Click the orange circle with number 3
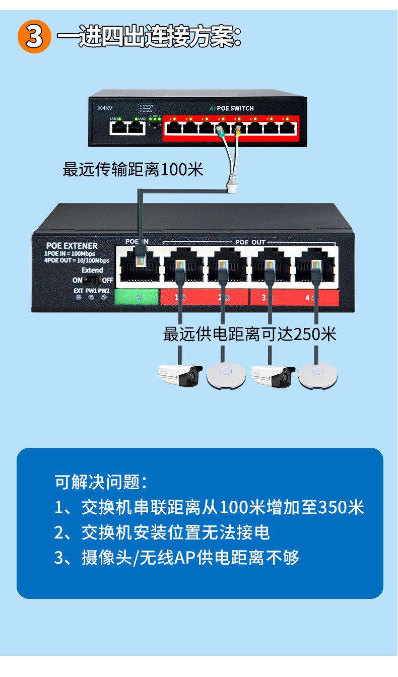[34, 36]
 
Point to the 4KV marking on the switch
[105, 108]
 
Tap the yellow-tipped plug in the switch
[237, 132]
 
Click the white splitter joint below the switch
[232, 183]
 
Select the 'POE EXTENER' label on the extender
[71, 246]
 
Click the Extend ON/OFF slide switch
[92, 280]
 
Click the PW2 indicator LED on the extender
[104, 298]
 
